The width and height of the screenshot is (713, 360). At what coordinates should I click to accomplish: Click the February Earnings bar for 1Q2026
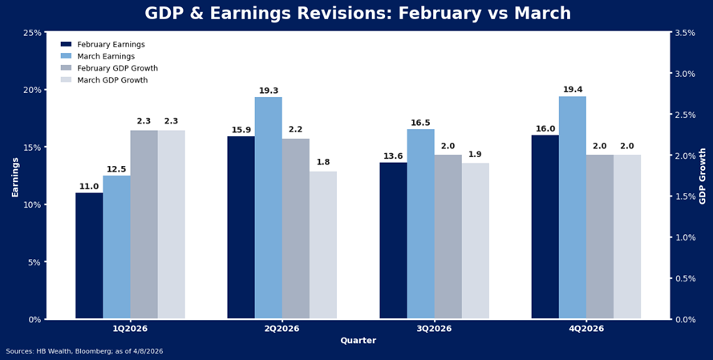click(x=89, y=257)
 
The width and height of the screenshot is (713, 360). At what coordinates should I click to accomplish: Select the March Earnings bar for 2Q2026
click(x=268, y=208)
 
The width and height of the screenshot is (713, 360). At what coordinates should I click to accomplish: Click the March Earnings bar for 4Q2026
click(x=573, y=208)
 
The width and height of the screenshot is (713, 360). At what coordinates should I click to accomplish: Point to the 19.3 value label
click(x=269, y=91)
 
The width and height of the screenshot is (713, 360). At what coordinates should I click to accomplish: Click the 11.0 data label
click(x=89, y=187)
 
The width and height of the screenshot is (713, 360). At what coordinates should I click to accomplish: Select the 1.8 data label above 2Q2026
click(x=323, y=163)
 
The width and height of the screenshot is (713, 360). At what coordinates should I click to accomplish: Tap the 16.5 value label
click(x=420, y=123)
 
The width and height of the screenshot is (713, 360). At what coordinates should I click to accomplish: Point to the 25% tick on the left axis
click(x=32, y=33)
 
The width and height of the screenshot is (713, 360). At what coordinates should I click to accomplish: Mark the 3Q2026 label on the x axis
click(x=434, y=329)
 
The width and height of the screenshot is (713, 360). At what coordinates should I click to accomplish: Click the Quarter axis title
click(x=358, y=341)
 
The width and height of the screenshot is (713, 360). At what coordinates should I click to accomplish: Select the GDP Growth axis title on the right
click(x=703, y=176)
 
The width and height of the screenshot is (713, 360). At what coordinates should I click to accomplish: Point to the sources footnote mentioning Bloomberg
click(x=84, y=351)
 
